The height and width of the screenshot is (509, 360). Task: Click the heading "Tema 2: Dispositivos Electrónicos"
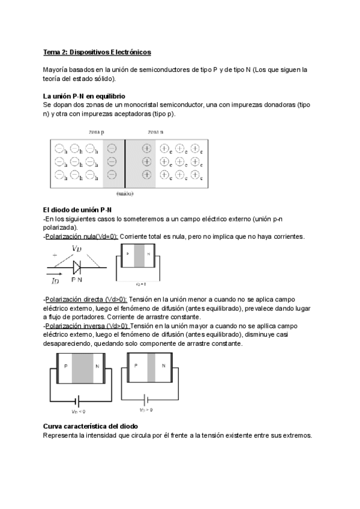point(97,52)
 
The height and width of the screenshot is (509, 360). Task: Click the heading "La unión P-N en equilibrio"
point(84,96)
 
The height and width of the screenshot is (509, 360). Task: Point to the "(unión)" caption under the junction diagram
point(125,194)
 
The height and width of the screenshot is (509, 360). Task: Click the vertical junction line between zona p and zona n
point(125,162)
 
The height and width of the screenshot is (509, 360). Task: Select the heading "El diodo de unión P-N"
point(77,209)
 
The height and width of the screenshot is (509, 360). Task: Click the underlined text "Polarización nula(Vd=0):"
point(81,236)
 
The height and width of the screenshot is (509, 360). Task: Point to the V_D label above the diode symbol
point(76,248)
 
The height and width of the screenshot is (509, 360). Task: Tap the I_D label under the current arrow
point(55,280)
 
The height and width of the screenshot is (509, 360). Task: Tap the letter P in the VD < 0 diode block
point(65,366)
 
